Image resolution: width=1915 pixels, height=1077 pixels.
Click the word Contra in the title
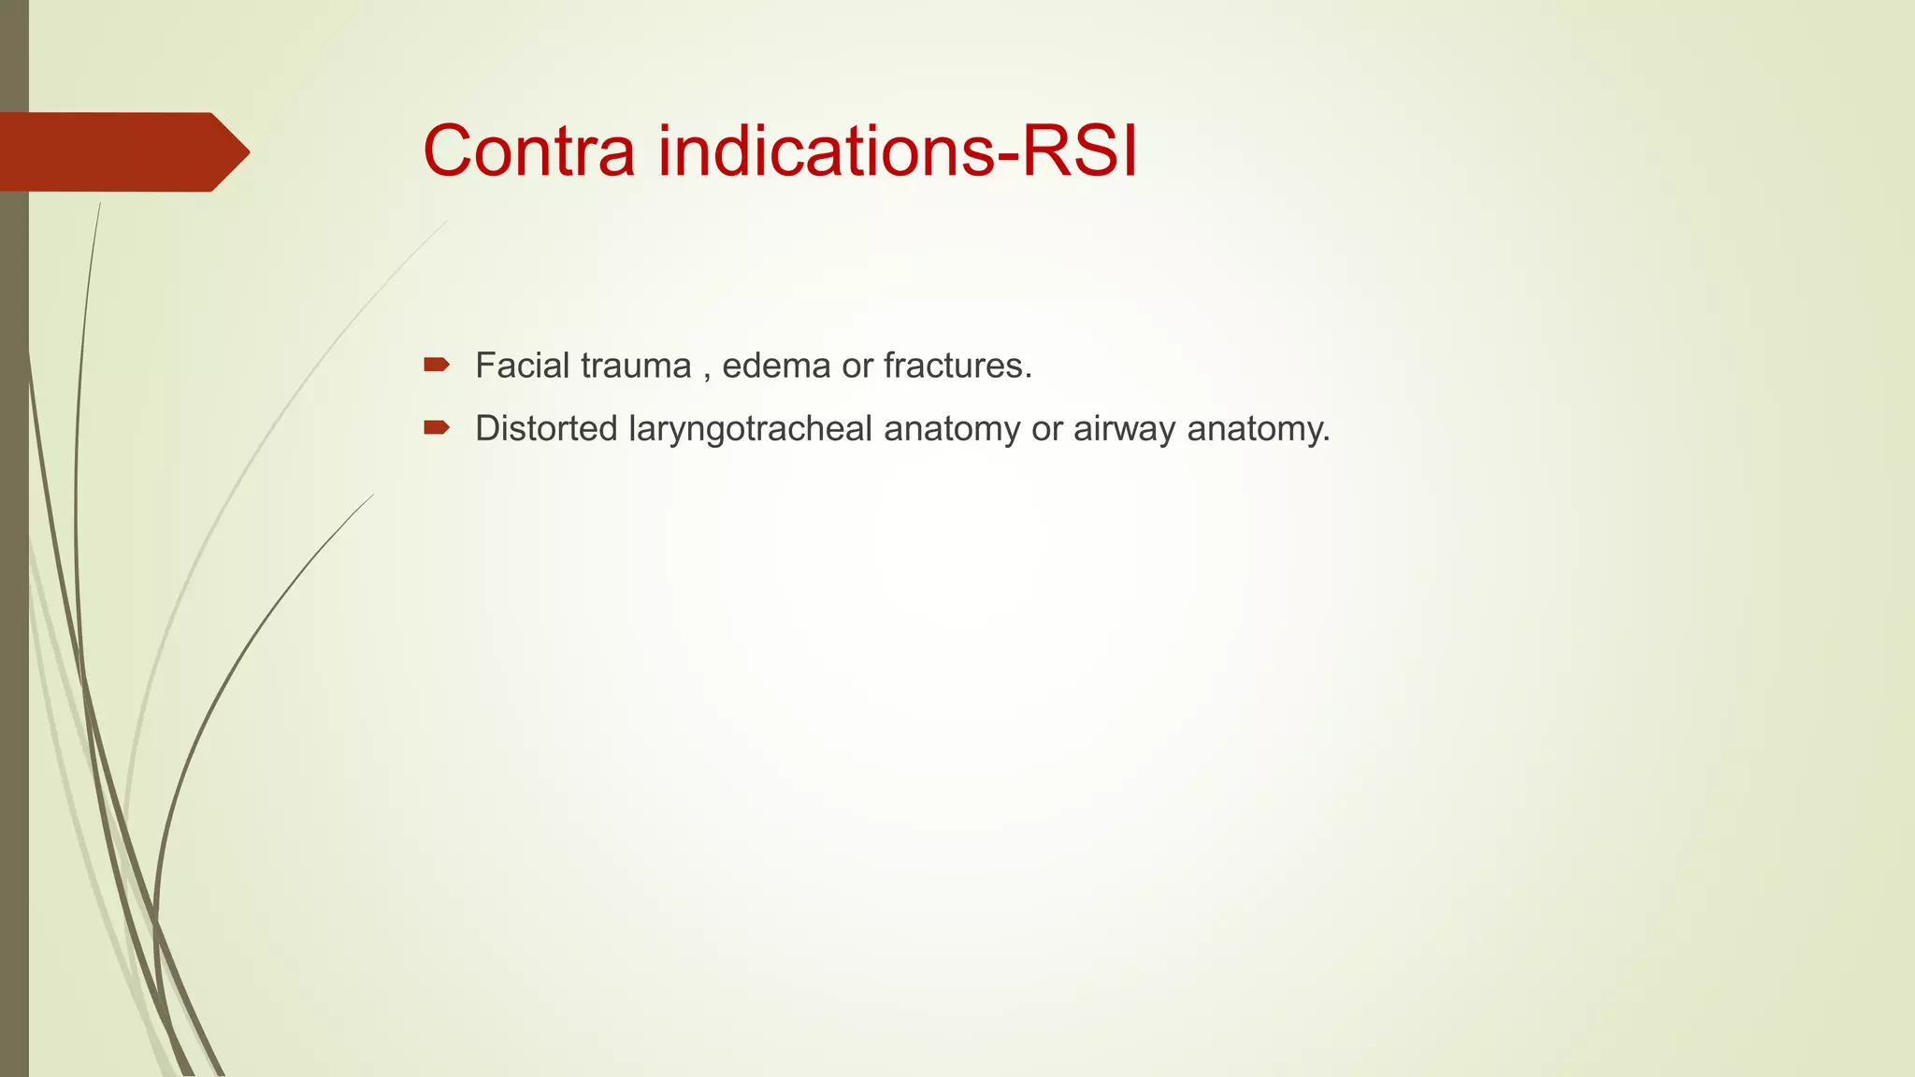click(528, 151)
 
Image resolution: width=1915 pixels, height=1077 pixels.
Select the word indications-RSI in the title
click(898, 151)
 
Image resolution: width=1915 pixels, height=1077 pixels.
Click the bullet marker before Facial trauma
click(436, 365)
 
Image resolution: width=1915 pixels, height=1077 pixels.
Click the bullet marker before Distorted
click(436, 428)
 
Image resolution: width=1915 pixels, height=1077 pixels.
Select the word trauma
click(635, 366)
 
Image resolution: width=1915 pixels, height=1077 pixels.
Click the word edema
click(776, 366)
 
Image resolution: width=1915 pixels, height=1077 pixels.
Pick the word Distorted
click(546, 429)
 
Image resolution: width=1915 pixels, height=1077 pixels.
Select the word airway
click(1125, 429)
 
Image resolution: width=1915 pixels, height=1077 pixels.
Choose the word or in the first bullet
click(857, 366)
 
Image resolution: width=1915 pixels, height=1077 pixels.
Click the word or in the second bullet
click(1047, 430)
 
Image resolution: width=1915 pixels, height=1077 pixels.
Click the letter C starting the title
click(450, 151)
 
